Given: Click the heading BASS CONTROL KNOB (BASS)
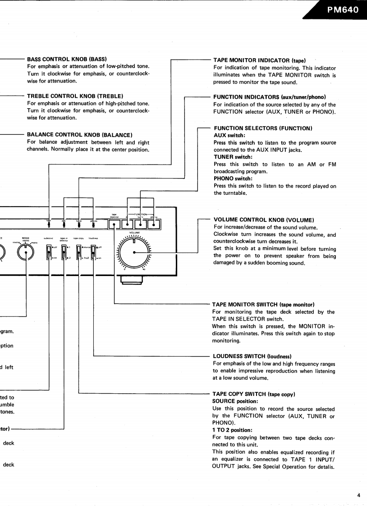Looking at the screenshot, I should pyautogui.click(x=66, y=59).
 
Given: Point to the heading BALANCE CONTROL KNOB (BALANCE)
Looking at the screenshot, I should pyautogui.click(x=79, y=134).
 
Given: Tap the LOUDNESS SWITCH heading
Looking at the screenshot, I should pyautogui.click(x=252, y=356).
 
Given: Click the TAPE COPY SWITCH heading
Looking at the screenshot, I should pyautogui.click(x=253, y=394).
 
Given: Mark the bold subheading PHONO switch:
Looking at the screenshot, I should pyautogui.click(x=233, y=179).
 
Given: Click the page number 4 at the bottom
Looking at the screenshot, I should pyautogui.click(x=359, y=495).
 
